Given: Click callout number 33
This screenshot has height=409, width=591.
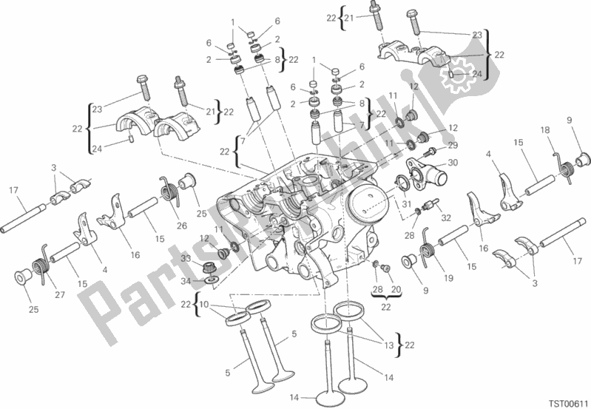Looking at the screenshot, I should point(186,257).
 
